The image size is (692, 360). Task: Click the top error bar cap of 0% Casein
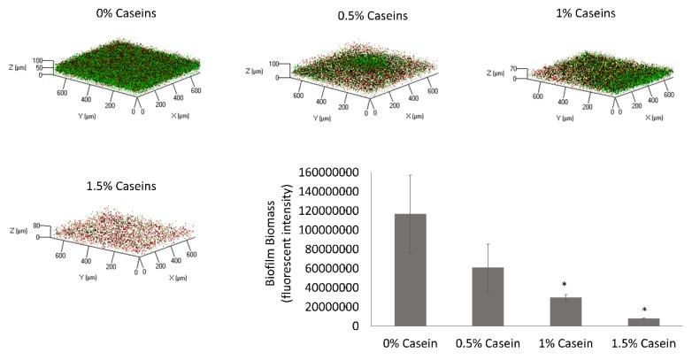(x=411, y=175)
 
